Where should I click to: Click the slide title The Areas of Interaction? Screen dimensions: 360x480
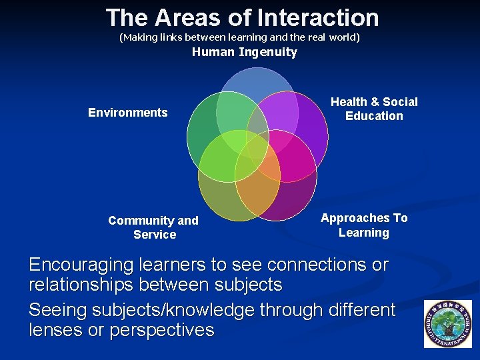coord(242,17)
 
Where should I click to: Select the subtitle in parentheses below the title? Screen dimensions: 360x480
coord(239,37)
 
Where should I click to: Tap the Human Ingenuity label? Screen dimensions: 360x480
coord(244,52)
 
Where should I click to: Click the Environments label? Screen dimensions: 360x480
coord(128,113)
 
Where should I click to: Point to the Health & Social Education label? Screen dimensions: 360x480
coord(374,109)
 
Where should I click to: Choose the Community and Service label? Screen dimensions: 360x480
coord(153,227)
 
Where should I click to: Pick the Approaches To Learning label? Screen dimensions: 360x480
coord(364,225)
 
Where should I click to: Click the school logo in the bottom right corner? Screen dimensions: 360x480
coord(447,323)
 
